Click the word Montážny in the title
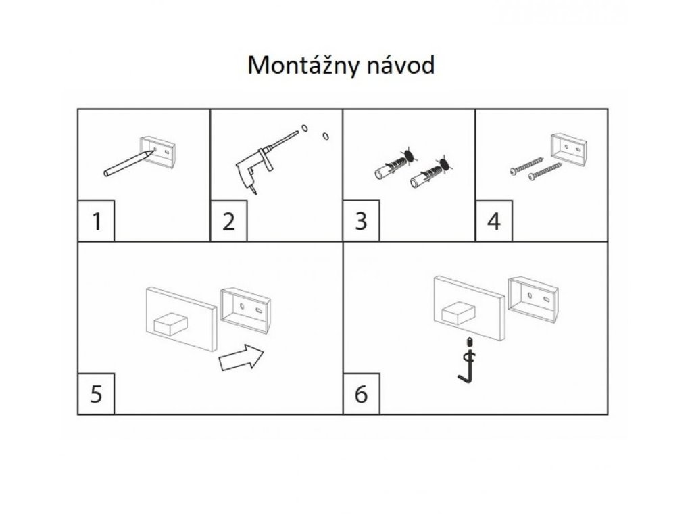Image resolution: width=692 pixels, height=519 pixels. tap(303, 66)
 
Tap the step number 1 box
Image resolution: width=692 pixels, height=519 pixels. tap(96, 220)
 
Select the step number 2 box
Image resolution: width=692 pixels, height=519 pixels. tap(229, 220)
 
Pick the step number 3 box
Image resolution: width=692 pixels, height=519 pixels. tap(362, 220)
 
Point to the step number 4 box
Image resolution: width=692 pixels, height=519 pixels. tap(494, 220)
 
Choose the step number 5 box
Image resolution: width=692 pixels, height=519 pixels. tap(96, 393)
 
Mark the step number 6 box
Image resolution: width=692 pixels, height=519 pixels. tap(362, 393)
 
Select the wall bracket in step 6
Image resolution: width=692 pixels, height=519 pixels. tap(532, 295)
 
